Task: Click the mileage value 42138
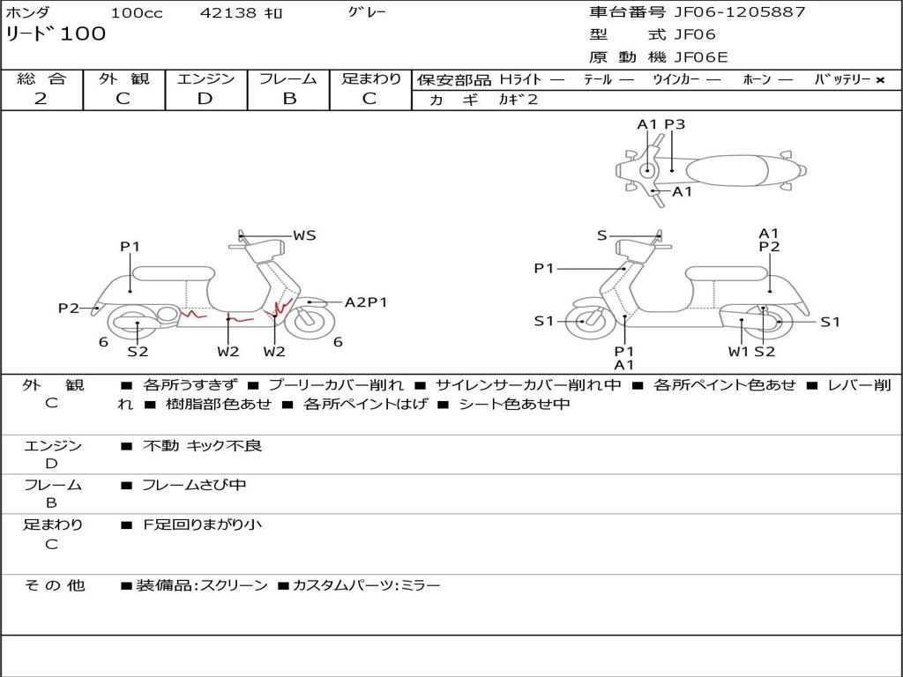click(228, 13)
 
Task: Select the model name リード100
click(56, 34)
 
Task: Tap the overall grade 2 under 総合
click(41, 99)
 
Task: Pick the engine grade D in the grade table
click(205, 99)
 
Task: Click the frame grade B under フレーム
click(289, 99)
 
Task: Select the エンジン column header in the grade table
click(205, 79)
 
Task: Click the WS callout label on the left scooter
click(304, 235)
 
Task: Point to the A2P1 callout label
click(366, 302)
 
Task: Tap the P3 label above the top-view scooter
click(675, 124)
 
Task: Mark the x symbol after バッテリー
click(880, 80)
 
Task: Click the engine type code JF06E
click(701, 57)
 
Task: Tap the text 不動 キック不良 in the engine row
click(202, 446)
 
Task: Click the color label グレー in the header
click(367, 12)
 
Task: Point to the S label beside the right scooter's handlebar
click(601, 235)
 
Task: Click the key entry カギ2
click(519, 100)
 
